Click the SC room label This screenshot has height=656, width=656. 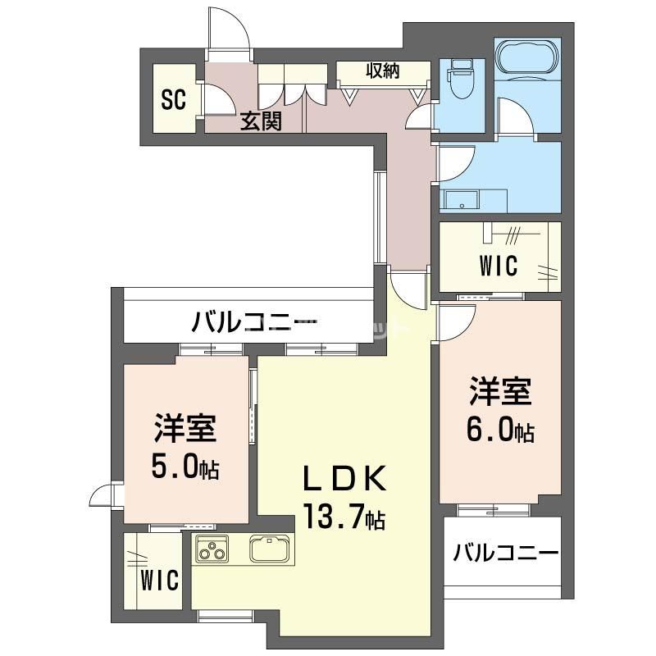[174, 100]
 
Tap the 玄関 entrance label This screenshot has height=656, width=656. [262, 121]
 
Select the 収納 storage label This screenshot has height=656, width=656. [383, 71]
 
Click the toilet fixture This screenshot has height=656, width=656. [461, 78]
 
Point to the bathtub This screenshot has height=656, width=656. [527, 57]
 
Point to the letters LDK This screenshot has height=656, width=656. [344, 480]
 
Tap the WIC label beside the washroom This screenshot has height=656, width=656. [499, 265]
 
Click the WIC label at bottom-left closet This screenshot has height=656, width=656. [159, 581]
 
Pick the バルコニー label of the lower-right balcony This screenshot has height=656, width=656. [506, 553]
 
